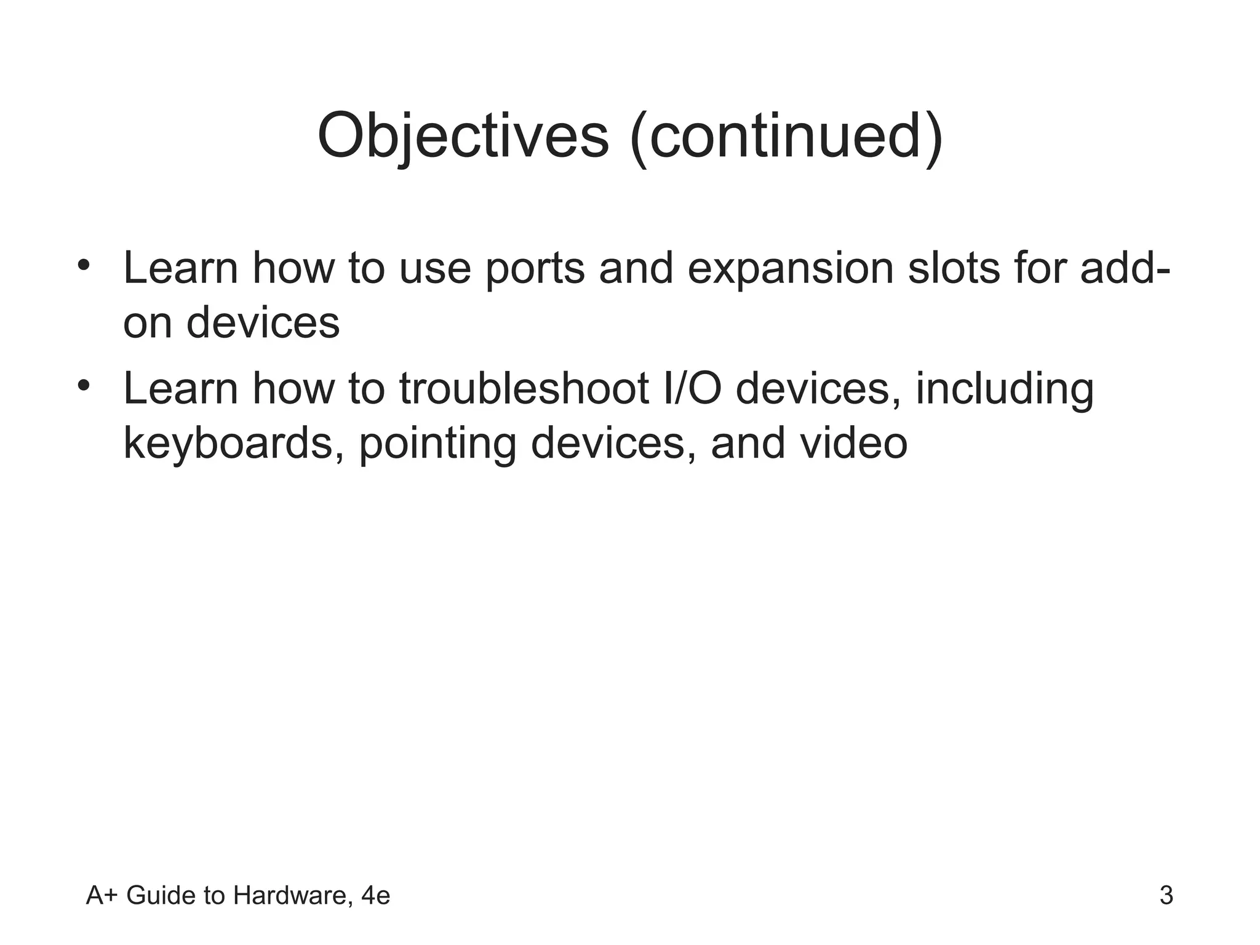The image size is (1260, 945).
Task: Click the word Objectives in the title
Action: [x=463, y=137]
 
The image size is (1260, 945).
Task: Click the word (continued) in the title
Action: [x=787, y=137]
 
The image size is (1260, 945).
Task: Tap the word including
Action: [x=1004, y=390]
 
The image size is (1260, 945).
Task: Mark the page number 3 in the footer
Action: [x=1166, y=896]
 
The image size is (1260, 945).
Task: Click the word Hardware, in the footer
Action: [x=293, y=896]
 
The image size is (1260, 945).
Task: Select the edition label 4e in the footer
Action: [x=375, y=896]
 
